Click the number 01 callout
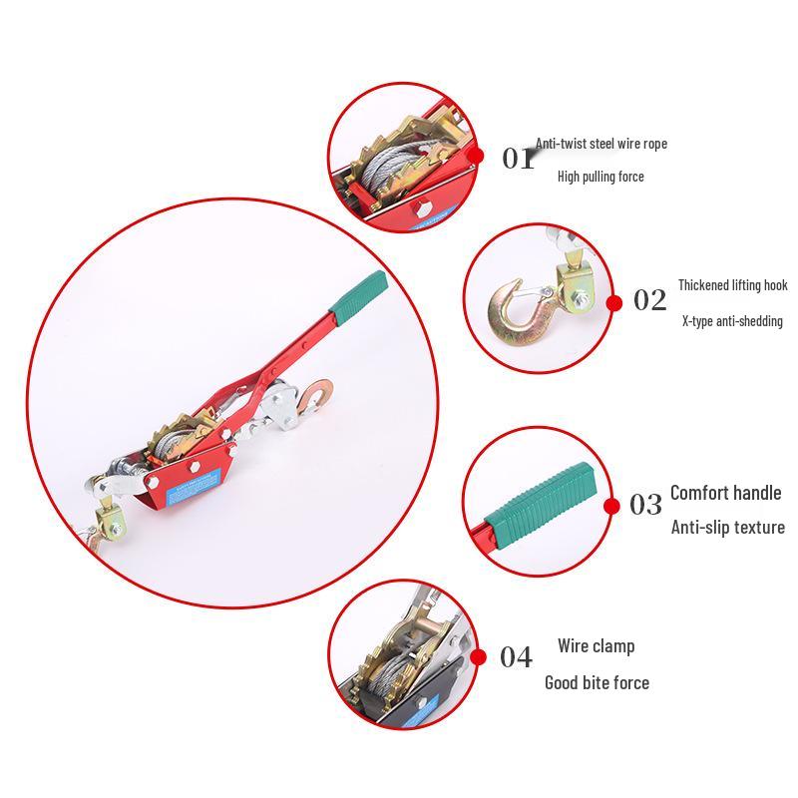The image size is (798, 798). click(x=518, y=158)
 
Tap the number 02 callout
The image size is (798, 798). click(x=649, y=300)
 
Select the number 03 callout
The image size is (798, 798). click(x=645, y=505)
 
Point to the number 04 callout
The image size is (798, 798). click(x=516, y=657)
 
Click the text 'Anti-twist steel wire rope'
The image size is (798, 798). click(x=601, y=144)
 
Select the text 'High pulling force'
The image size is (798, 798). click(x=600, y=177)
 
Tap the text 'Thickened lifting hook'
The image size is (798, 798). click(x=733, y=285)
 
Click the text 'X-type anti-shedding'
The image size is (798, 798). click(x=732, y=321)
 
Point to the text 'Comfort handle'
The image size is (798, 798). click(x=725, y=492)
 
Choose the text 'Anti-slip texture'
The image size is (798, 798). click(x=727, y=527)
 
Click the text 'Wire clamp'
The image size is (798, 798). click(x=596, y=646)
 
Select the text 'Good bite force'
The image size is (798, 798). click(x=597, y=682)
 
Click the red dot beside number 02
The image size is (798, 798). click(x=614, y=303)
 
